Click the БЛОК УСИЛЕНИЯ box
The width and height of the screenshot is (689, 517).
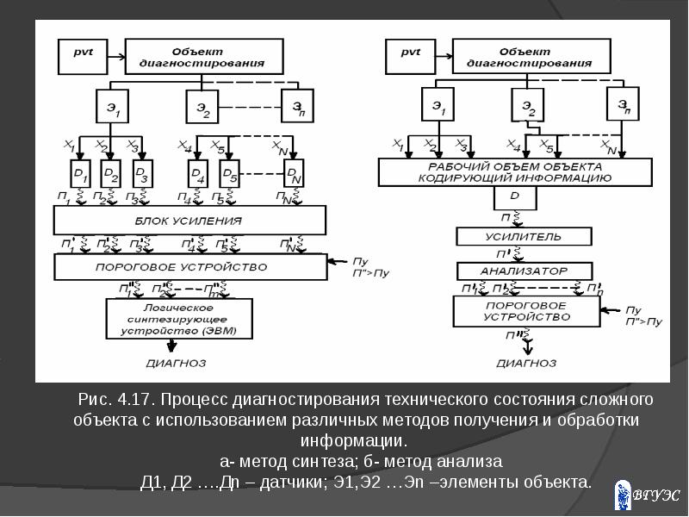pos(190,221)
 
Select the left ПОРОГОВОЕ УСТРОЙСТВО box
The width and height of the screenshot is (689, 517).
pos(190,267)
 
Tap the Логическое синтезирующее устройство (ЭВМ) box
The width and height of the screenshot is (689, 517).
pos(179,319)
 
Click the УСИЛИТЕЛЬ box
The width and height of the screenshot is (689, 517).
pos(524,236)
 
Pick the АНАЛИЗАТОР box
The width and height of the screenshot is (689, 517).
pos(524,271)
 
